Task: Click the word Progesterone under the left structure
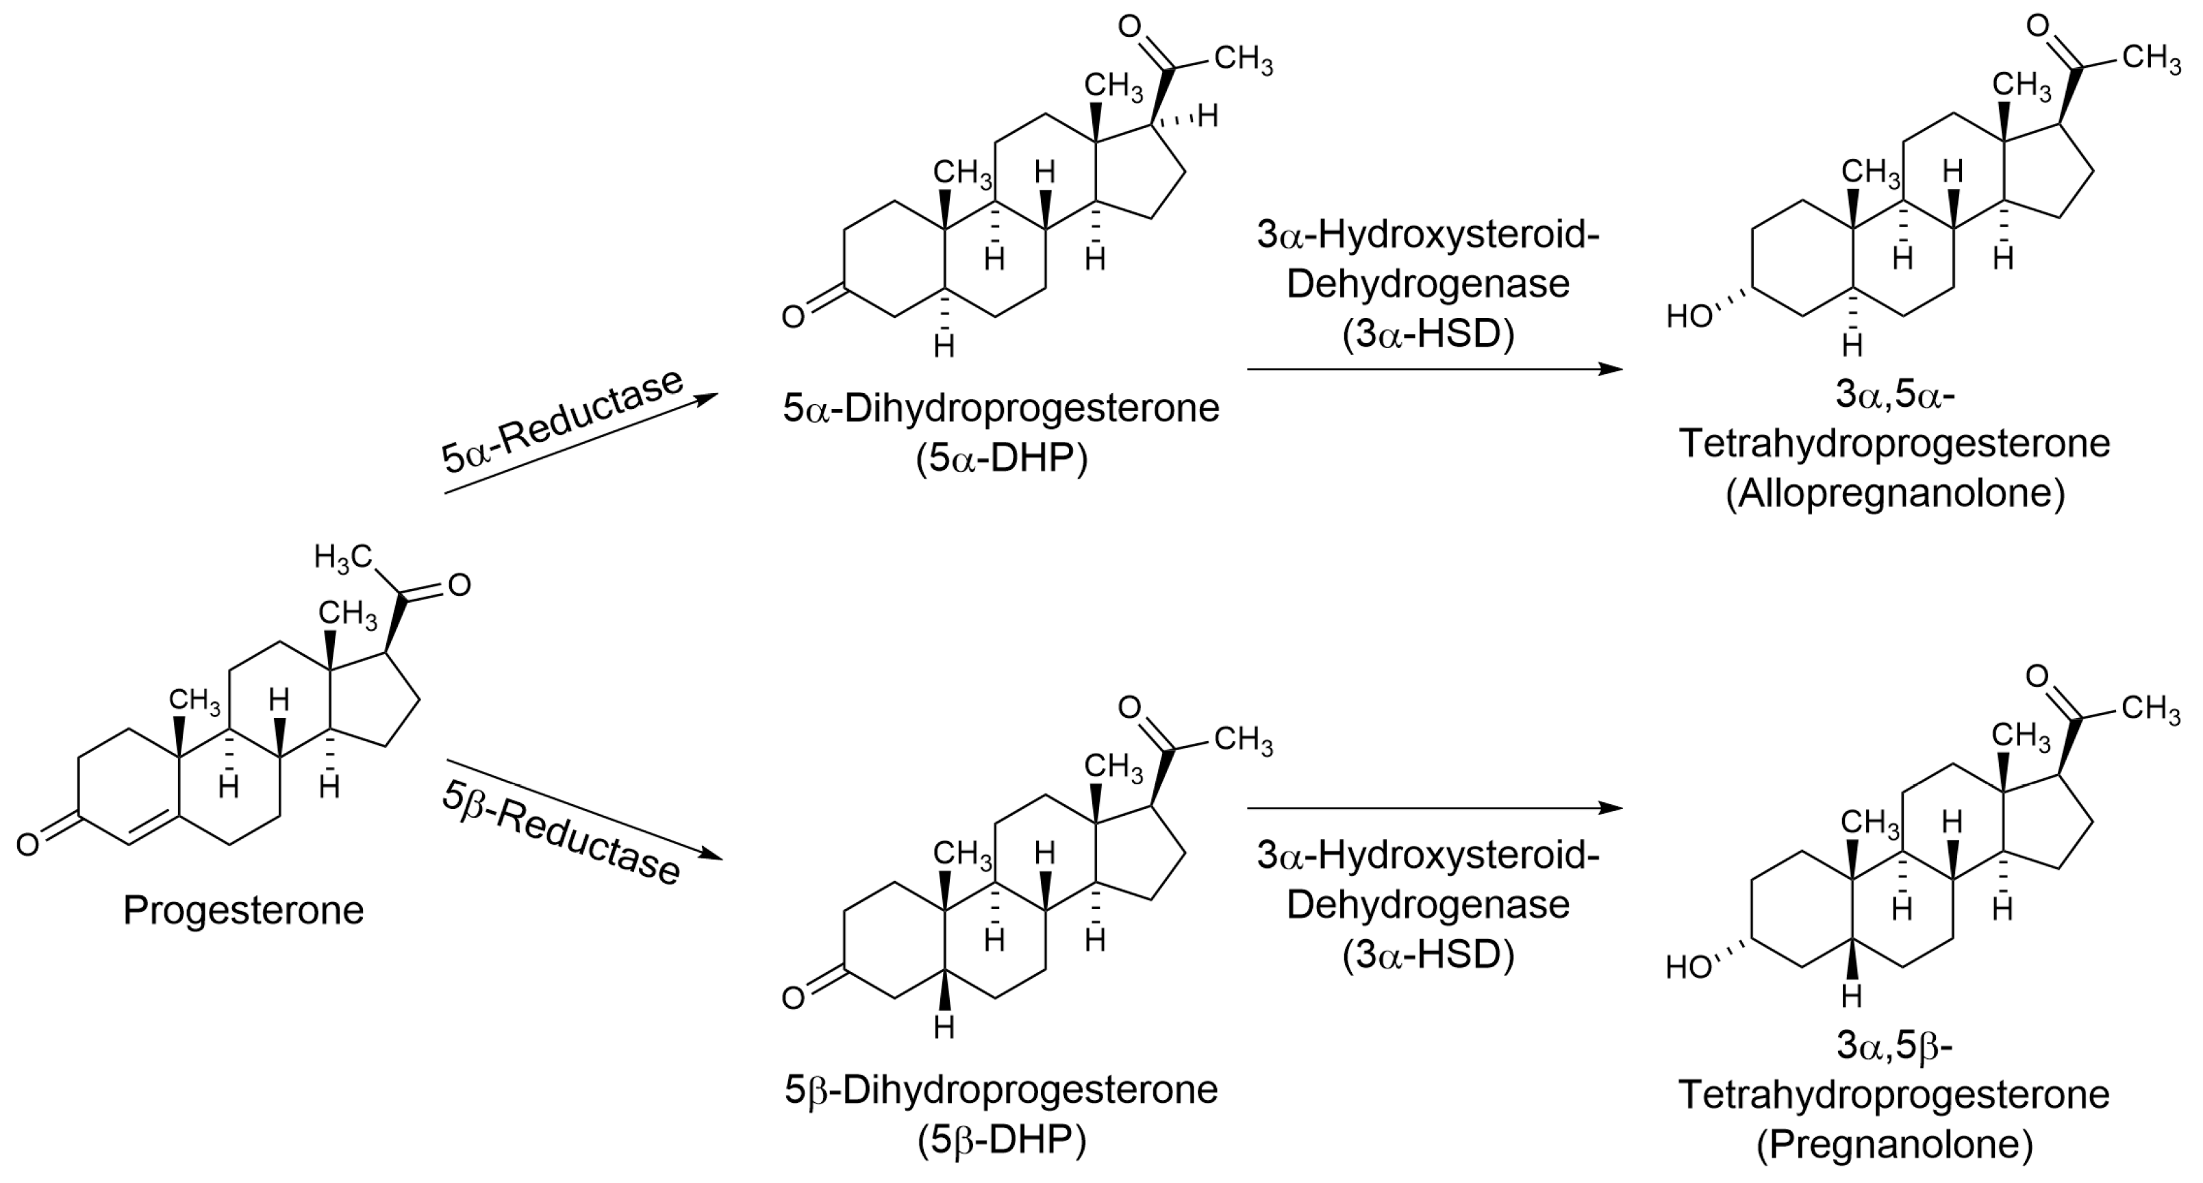click(x=243, y=910)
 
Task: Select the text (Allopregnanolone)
click(x=1894, y=494)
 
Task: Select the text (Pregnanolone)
click(x=1894, y=1145)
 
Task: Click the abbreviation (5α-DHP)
click(x=1001, y=460)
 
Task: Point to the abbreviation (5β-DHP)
click(x=1001, y=1141)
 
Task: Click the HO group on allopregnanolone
click(x=1688, y=317)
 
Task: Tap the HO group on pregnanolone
click(x=1688, y=967)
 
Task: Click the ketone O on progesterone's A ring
click(x=27, y=845)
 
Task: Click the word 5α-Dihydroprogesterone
click(x=1001, y=408)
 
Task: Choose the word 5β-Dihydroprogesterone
click(x=1001, y=1090)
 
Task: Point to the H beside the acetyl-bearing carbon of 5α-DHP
click(x=1207, y=116)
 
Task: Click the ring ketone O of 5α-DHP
click(x=793, y=317)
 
